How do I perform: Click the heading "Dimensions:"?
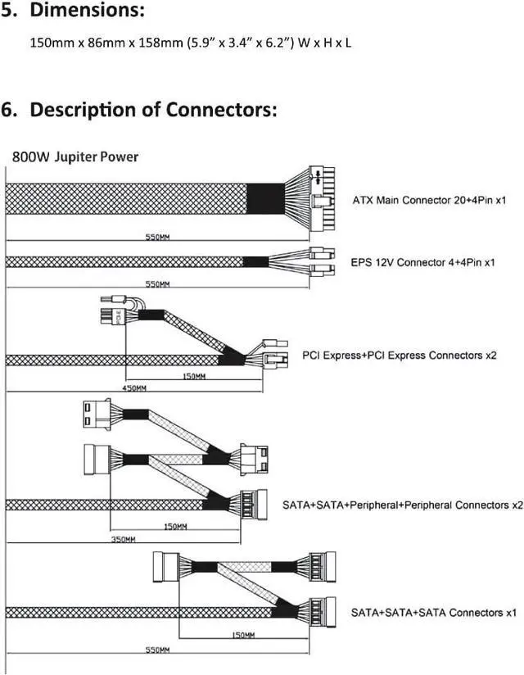pos(88,11)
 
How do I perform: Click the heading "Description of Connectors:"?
pos(153,110)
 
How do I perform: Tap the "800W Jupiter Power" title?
pos(75,156)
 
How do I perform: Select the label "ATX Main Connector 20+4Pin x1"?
pos(429,200)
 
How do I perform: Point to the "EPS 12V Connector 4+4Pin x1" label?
pos(423,262)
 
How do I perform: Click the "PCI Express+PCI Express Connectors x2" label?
pos(400,356)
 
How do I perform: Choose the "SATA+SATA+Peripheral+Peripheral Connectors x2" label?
pos(403,505)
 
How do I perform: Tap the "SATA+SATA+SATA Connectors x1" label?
pos(434,612)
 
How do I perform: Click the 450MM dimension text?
pos(134,388)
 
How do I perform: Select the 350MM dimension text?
pos(124,539)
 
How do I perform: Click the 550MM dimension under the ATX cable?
pos(157,238)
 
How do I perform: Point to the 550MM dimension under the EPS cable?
pos(157,284)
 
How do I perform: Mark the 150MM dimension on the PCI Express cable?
pos(194,377)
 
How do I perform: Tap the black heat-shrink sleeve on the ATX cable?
pos(265,198)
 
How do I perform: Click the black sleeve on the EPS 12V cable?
pos(255,262)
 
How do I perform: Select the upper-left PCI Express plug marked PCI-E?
pos(113,316)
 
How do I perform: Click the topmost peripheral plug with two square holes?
pos(97,415)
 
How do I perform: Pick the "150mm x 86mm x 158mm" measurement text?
pos(106,43)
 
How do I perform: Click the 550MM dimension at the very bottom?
pos(157,650)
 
